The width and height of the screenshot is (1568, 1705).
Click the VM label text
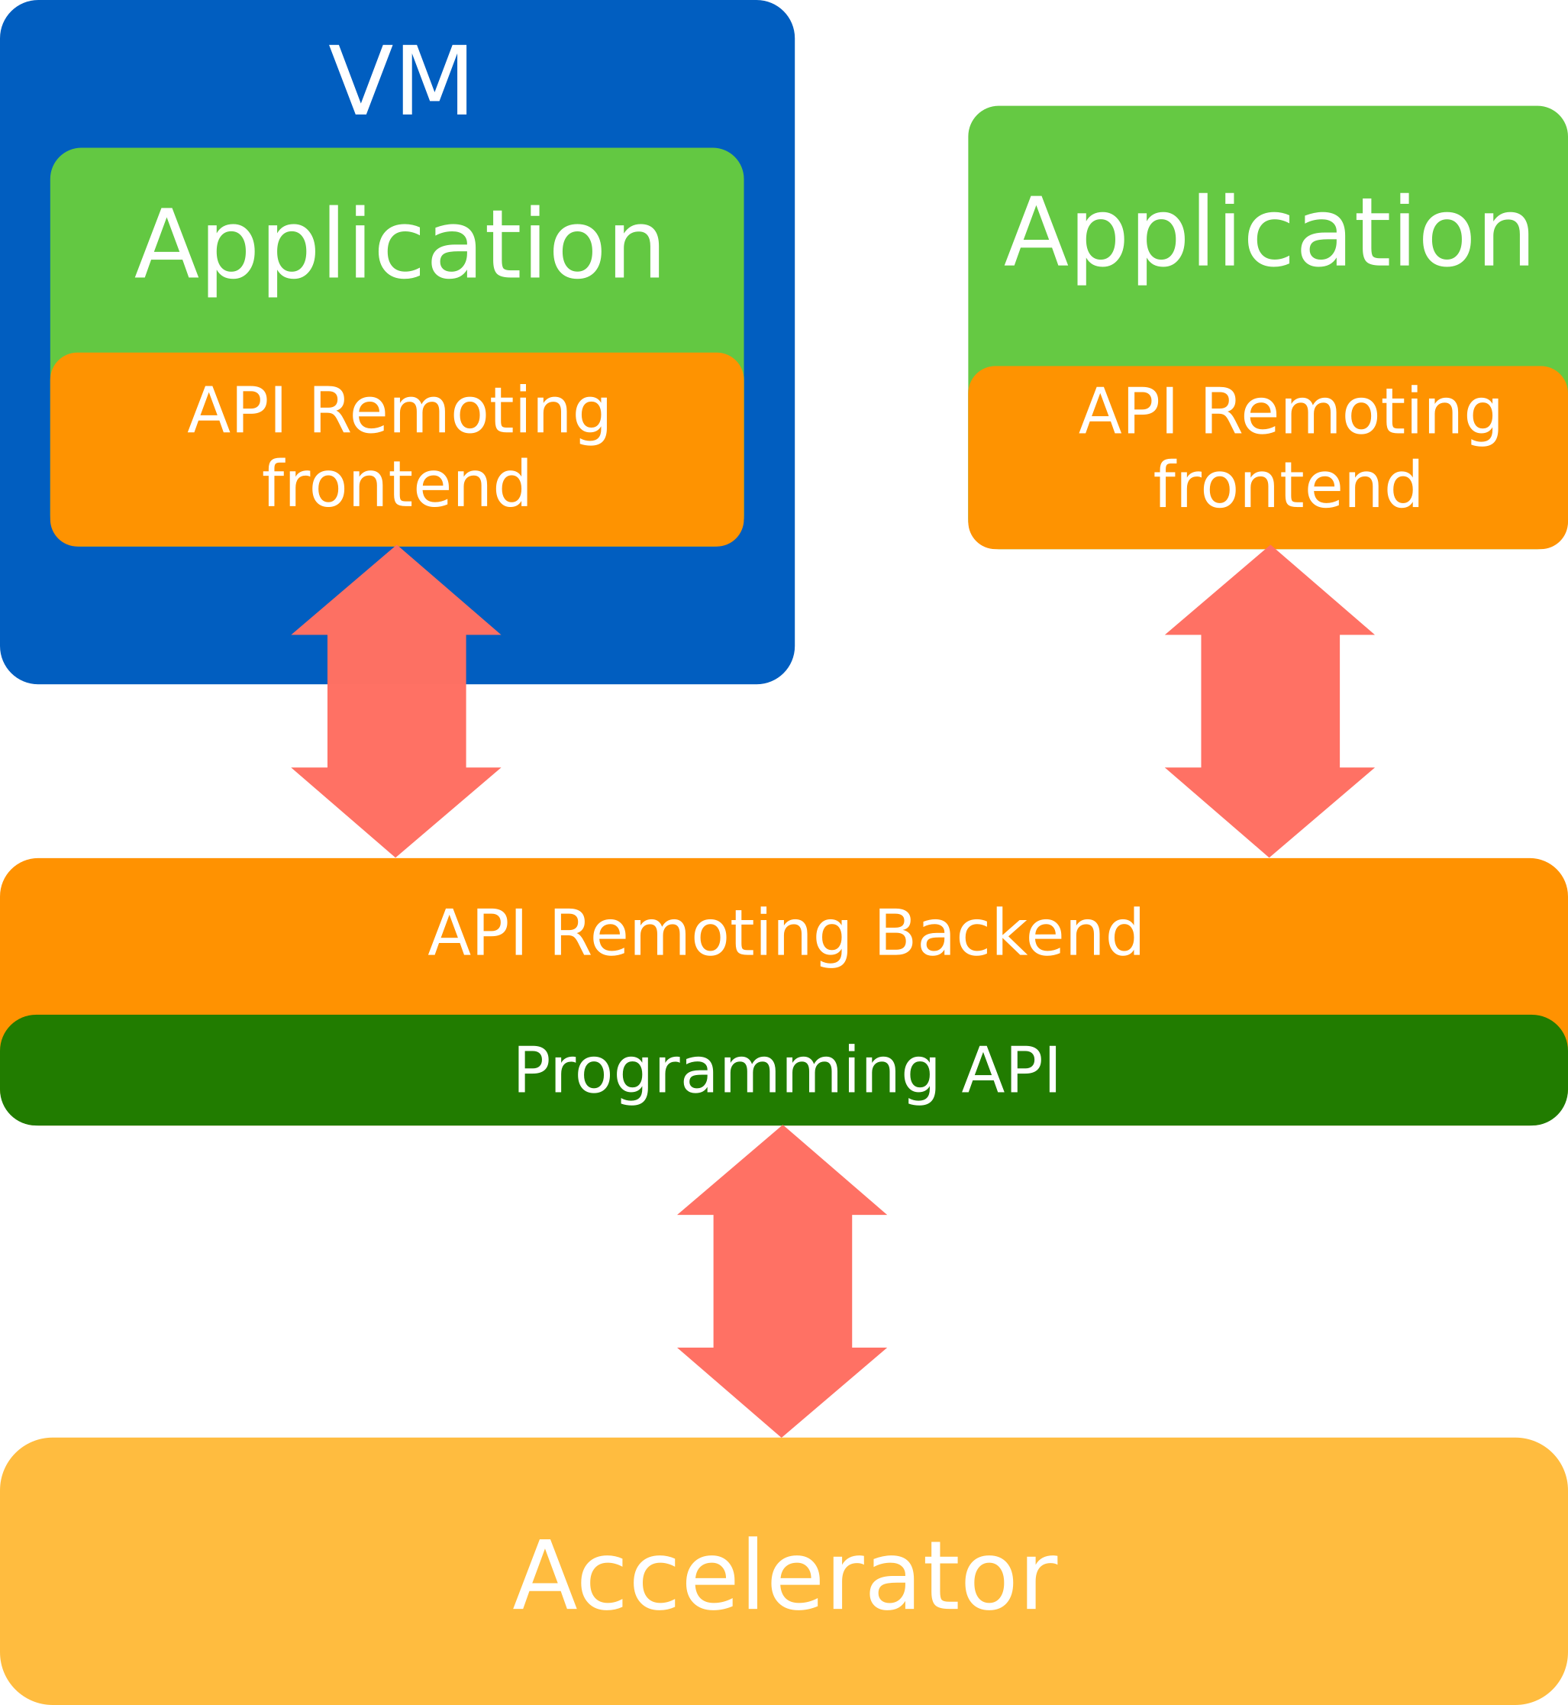click(400, 81)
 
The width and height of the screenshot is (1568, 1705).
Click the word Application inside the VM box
click(398, 246)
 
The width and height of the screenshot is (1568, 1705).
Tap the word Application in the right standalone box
click(1270, 234)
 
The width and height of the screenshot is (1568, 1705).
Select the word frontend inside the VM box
click(397, 485)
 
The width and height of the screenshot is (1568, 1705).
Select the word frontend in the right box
click(1288, 486)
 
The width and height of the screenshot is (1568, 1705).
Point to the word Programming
click(725, 1071)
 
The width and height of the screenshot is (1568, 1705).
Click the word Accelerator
click(785, 1576)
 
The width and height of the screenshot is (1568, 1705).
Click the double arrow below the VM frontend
click(396, 701)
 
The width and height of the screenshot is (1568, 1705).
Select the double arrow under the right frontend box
click(1270, 702)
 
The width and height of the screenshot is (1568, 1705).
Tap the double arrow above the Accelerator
click(782, 1281)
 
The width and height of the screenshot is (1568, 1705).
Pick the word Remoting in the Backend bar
click(700, 934)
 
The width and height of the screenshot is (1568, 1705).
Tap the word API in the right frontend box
click(1128, 412)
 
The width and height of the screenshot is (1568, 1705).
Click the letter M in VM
click(434, 81)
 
